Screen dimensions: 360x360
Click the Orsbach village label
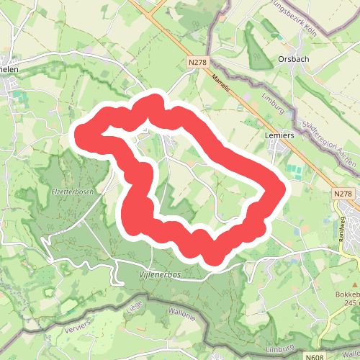pyautogui.click(x=293, y=60)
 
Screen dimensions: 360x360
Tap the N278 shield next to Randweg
pyautogui.click(x=343, y=194)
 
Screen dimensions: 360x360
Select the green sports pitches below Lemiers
pyautogui.click(x=294, y=171)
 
